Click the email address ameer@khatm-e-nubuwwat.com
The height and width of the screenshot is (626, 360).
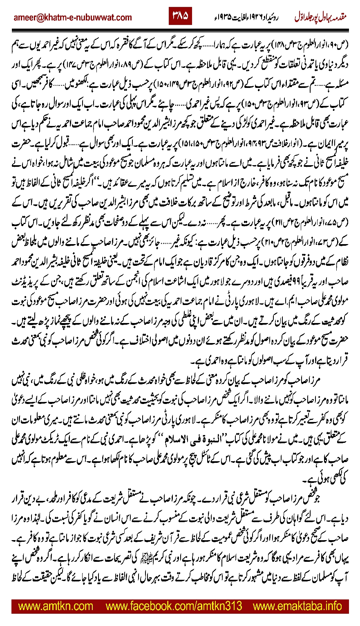[73, 18]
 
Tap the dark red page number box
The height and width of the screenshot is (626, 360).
[180, 17]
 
